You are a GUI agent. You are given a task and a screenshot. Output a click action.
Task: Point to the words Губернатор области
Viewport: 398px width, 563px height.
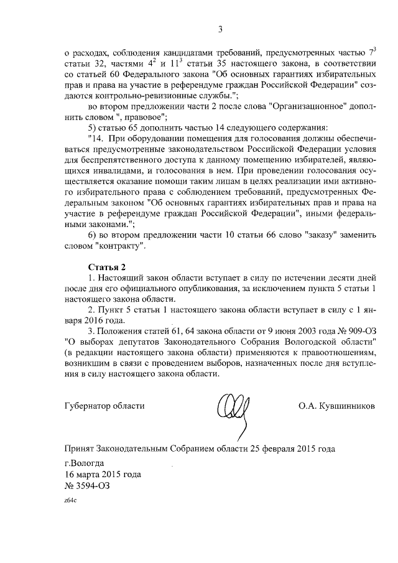[x=104, y=406]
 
